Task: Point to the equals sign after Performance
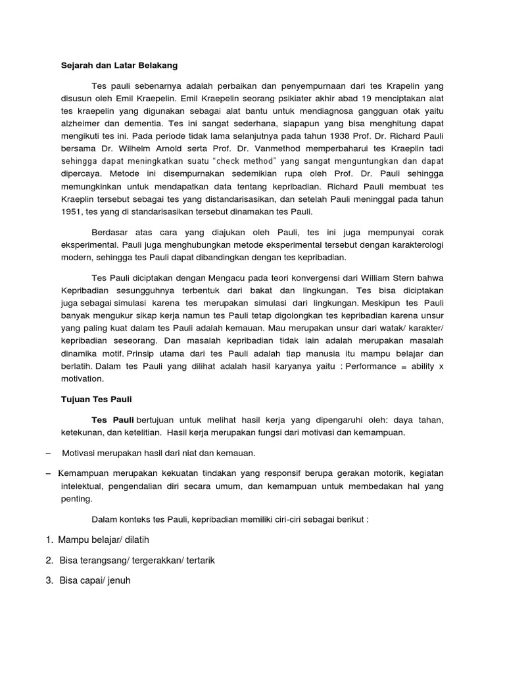(x=405, y=365)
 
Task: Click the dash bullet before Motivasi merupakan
(x=50, y=453)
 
